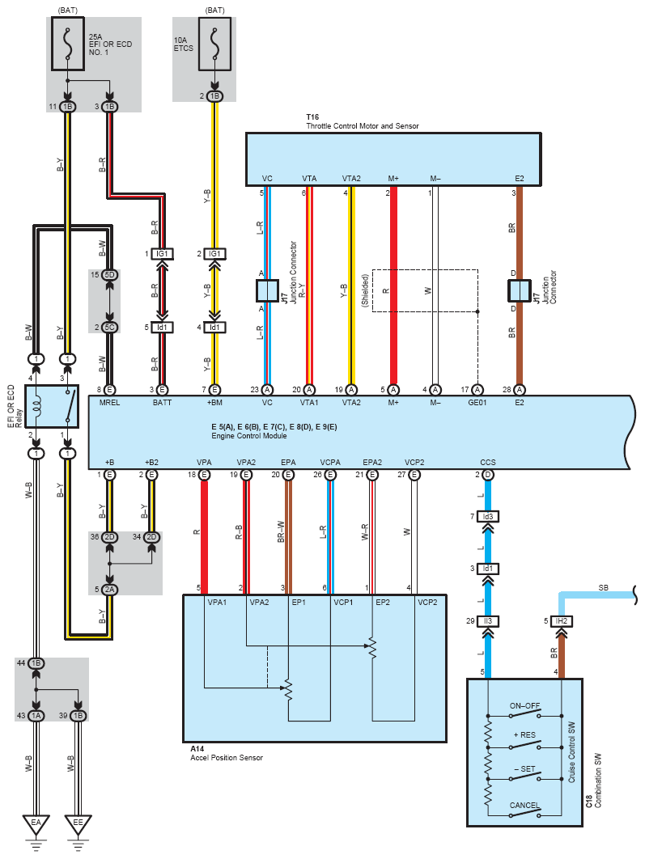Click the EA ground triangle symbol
35,824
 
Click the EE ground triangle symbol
78,824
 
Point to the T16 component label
312,117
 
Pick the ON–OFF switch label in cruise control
524,705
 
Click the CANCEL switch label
524,805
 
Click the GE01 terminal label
477,402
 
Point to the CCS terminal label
488,463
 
